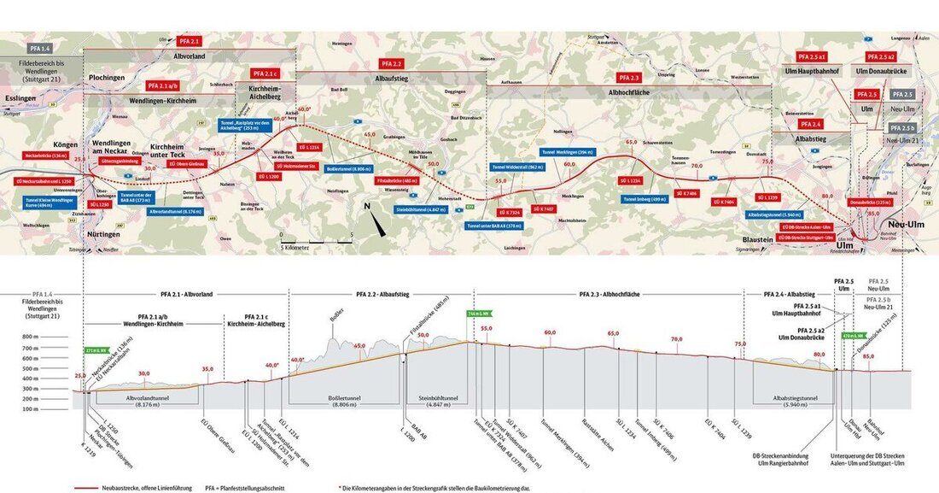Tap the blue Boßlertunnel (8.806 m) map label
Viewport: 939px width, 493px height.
347,169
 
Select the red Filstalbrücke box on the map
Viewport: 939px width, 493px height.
397,181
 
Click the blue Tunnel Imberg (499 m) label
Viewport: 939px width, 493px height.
641,199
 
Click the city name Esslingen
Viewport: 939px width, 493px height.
19,99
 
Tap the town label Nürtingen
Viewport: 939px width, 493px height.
102,232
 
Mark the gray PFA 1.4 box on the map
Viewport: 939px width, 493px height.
40,49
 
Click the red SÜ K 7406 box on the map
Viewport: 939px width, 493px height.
688,194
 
